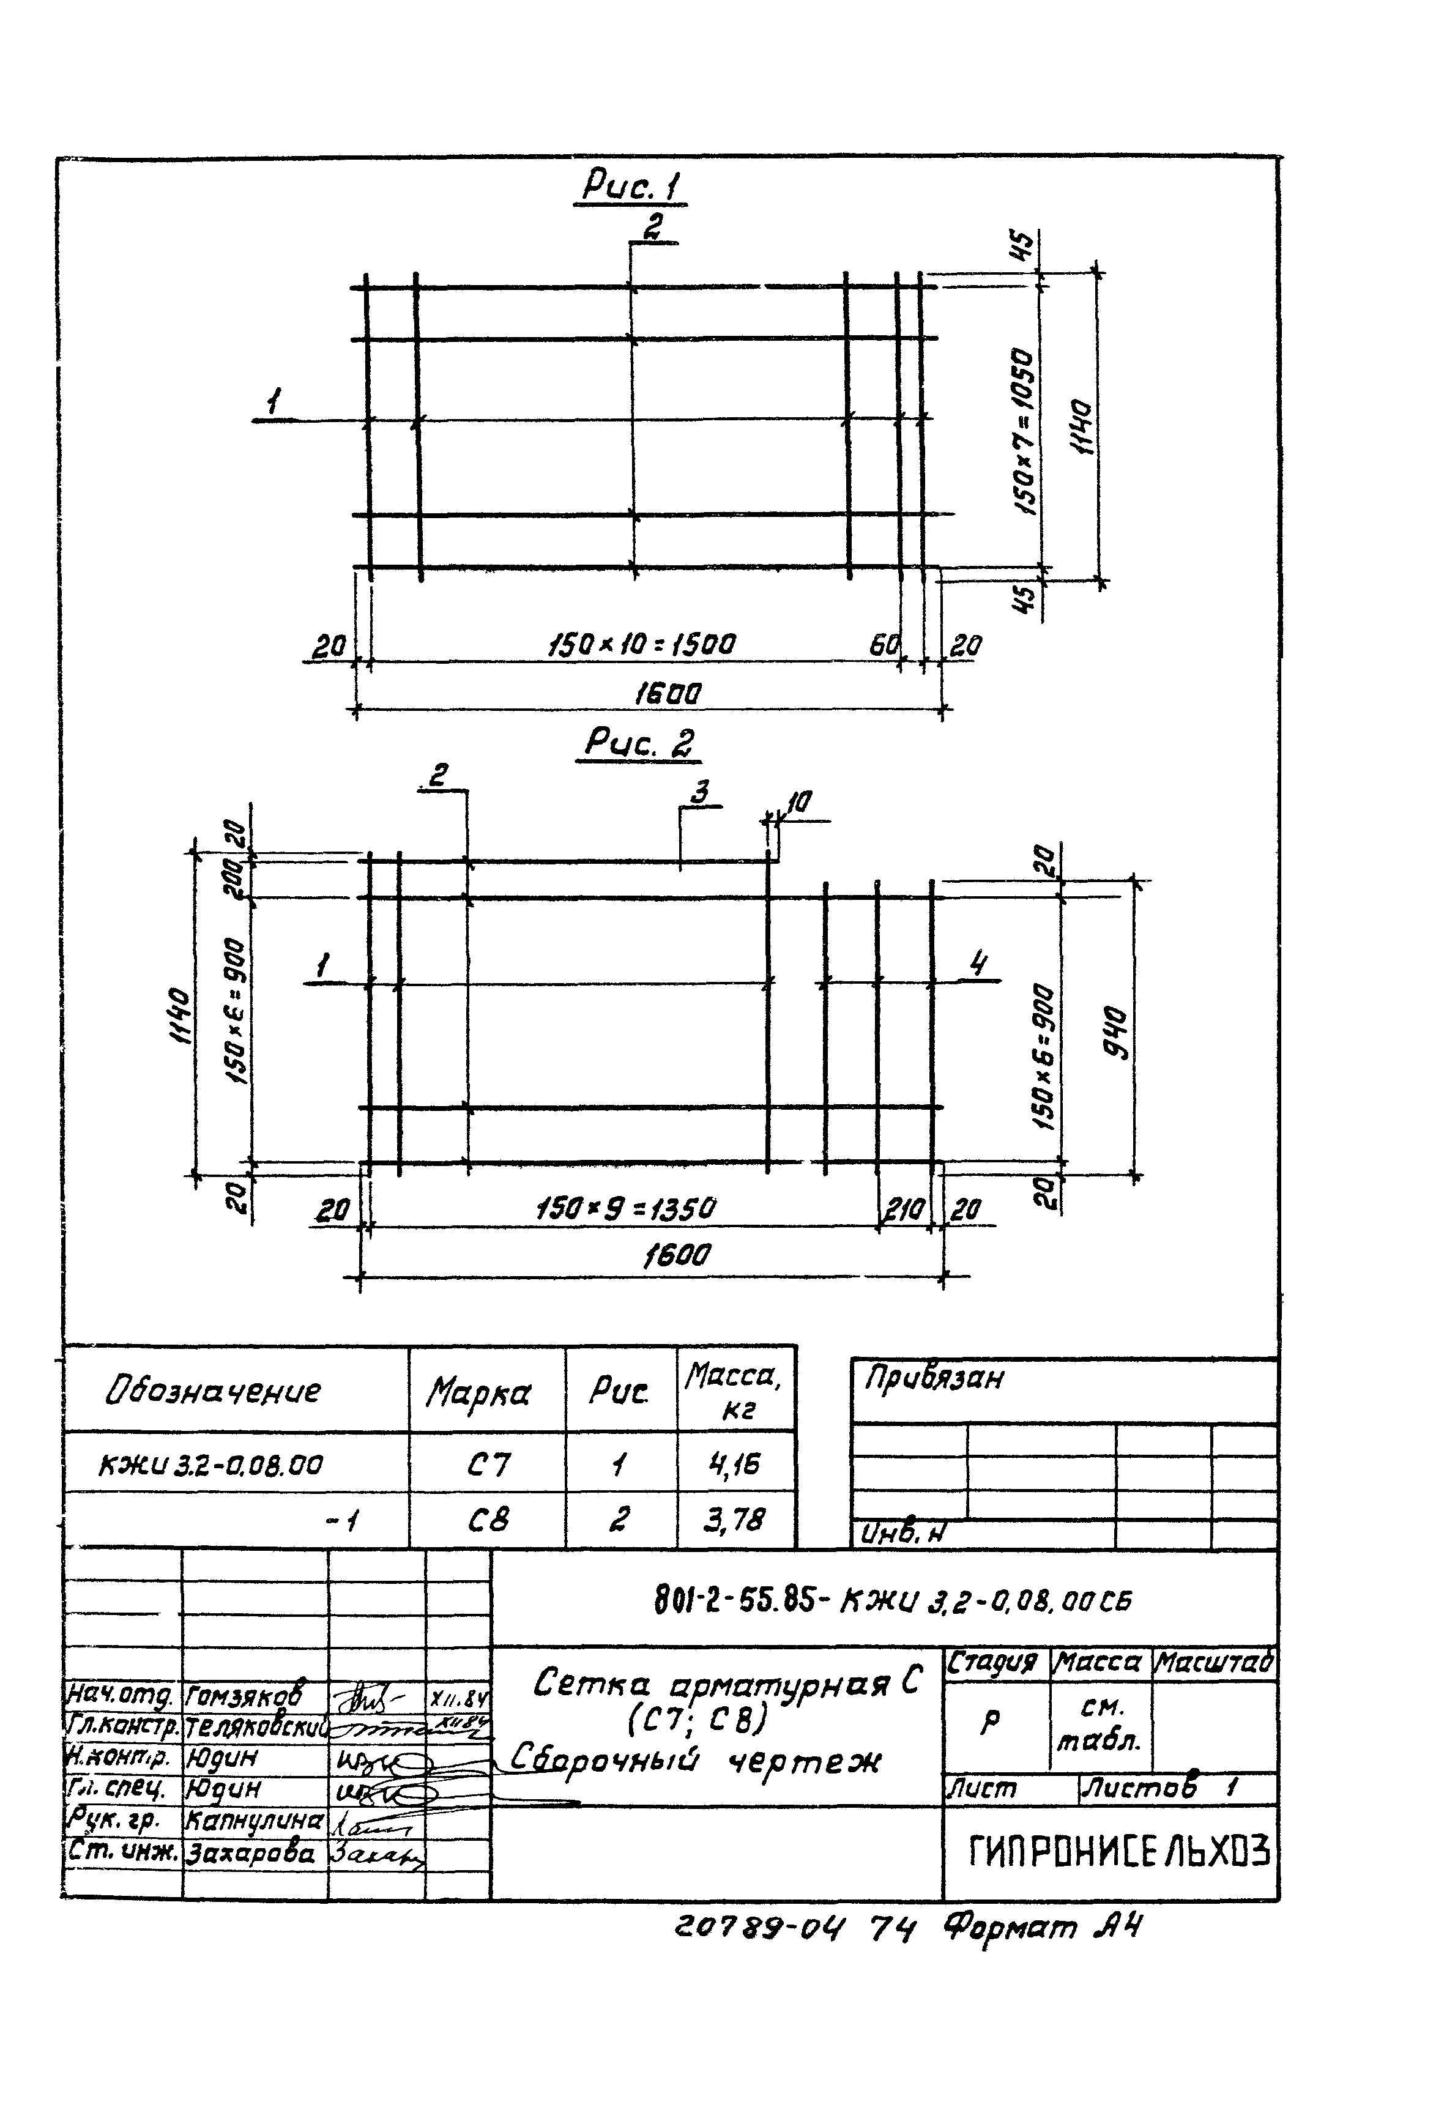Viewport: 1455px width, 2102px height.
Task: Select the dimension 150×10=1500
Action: pyautogui.click(x=641, y=645)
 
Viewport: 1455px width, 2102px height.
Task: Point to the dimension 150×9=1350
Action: pyautogui.click(x=627, y=1209)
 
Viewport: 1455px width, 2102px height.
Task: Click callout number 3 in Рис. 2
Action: pyautogui.click(x=700, y=792)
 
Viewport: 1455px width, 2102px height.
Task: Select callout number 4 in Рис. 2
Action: pyautogui.click(x=978, y=964)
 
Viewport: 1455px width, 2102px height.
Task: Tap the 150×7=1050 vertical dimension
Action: pyautogui.click(x=1025, y=431)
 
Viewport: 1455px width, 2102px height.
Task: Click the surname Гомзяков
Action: pyautogui.click(x=244, y=1695)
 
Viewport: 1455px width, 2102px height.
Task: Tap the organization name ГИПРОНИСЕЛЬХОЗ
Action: pyautogui.click(x=1118, y=1851)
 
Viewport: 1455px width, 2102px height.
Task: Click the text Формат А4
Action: pyautogui.click(x=1042, y=1927)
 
